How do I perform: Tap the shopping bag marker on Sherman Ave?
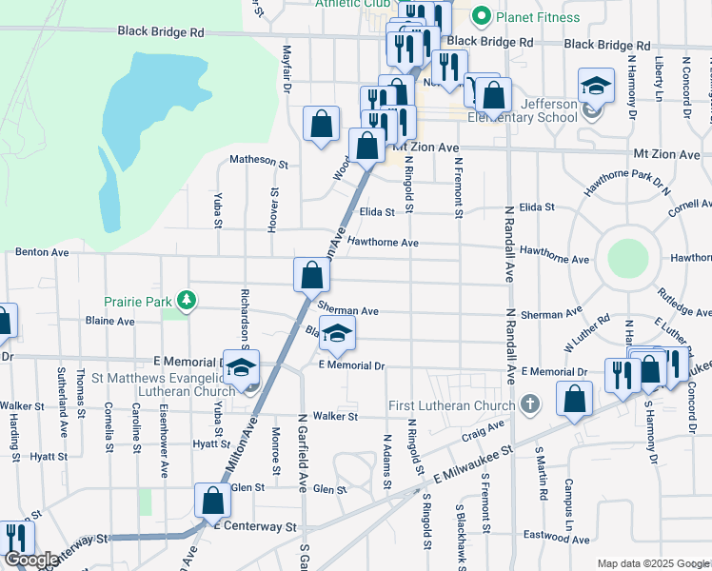[x=311, y=277]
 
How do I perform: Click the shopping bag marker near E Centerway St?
[x=213, y=502]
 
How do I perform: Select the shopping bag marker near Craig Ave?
[x=574, y=401]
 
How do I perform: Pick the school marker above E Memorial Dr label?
[x=335, y=336]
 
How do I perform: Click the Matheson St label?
[x=259, y=162]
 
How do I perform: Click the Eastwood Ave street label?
[x=558, y=537]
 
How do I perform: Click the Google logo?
[x=30, y=561]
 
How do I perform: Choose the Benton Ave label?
[x=42, y=253]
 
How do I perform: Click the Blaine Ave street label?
[x=110, y=322]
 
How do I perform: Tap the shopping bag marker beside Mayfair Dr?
[x=322, y=125]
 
